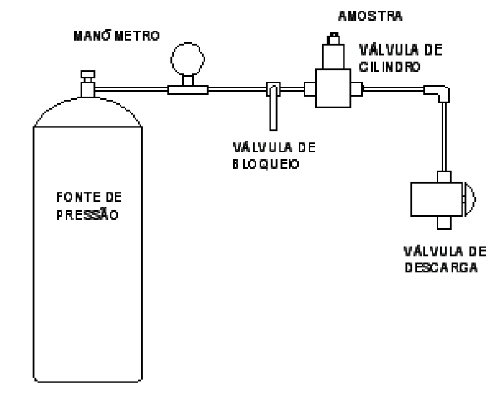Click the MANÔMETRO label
tap(116, 35)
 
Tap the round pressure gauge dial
tap(188, 59)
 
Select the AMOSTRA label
tap(370, 16)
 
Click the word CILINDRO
tap(390, 67)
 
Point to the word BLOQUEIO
tap(266, 164)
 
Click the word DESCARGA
tap(441, 267)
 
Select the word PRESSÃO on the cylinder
tap(87, 214)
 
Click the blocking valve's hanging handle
tap(273, 108)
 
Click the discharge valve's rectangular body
tap(436, 199)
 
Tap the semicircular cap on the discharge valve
tap(469, 199)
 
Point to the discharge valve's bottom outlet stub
tap(444, 222)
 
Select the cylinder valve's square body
tap(333, 88)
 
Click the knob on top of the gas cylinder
tap(88, 75)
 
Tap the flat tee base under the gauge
tap(188, 90)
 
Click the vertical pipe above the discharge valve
tap(444, 137)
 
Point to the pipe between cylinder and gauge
tap(131, 89)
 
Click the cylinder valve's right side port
tap(357, 89)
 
